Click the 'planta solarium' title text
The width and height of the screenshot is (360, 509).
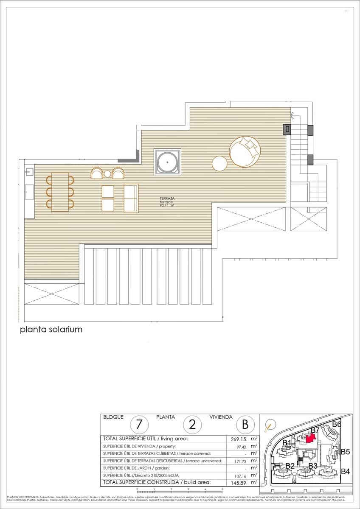tap(51, 329)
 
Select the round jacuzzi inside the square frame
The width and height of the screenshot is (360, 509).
tap(167, 162)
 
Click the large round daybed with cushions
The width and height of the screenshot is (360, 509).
tap(245, 151)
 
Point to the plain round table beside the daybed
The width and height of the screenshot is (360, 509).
tap(220, 163)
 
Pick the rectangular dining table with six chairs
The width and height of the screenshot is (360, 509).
tap(60, 192)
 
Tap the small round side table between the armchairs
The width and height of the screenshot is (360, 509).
tap(107, 174)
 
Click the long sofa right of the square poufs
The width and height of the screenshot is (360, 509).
tap(131, 198)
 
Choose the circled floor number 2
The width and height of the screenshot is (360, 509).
tap(192, 424)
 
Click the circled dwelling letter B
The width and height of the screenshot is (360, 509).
tap(245, 424)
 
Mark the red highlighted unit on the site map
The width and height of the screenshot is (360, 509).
tap(311, 439)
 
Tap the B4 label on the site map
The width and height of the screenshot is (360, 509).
tap(345, 471)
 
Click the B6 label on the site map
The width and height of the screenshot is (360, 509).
tap(337, 424)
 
